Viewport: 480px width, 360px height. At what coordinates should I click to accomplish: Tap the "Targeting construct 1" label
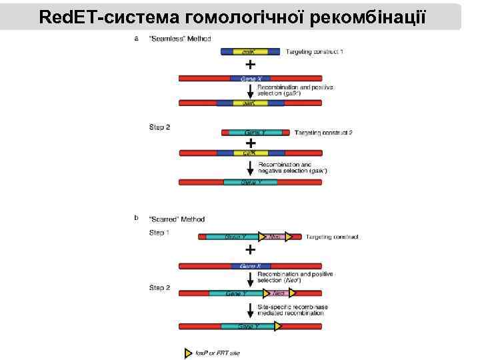click(x=315, y=51)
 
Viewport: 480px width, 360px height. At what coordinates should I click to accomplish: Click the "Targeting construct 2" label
click(x=323, y=133)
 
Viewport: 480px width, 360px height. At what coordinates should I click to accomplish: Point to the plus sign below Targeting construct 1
click(x=250, y=65)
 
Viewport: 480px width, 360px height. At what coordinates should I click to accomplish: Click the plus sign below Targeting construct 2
click(x=250, y=143)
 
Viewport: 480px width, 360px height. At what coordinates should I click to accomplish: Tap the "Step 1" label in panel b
click(x=159, y=233)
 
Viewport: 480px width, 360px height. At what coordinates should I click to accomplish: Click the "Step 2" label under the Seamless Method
click(x=159, y=127)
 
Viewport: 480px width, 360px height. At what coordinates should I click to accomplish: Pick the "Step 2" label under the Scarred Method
click(x=159, y=288)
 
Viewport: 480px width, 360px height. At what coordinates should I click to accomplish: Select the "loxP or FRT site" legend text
click(x=217, y=353)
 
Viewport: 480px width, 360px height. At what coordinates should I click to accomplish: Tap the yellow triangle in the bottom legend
click(x=188, y=353)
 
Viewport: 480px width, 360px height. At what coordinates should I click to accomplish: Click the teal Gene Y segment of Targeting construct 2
click(x=254, y=133)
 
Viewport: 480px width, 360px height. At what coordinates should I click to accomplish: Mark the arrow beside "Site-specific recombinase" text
click(x=250, y=311)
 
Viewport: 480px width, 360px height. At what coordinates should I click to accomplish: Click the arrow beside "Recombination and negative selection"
click(x=250, y=168)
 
